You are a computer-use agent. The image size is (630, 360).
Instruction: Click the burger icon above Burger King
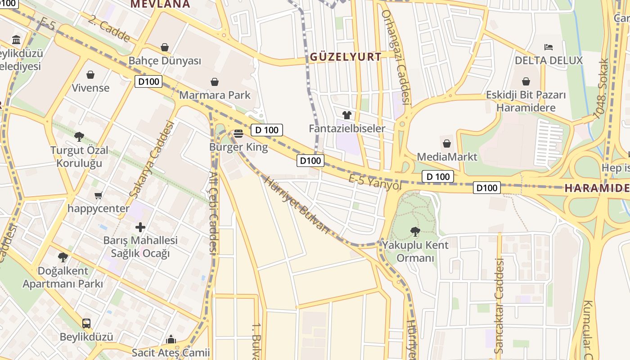(238, 133)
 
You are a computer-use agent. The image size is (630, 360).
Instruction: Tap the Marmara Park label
(215, 95)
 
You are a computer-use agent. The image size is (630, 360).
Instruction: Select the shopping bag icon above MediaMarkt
(447, 144)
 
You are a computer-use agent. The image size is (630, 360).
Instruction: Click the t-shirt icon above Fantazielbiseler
(346, 115)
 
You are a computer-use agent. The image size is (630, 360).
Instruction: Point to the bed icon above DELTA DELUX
(548, 47)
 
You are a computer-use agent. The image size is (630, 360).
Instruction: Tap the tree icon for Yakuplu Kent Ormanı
(415, 231)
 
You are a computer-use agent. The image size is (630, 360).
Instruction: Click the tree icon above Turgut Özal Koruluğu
(79, 136)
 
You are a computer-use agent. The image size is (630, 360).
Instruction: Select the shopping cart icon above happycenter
(99, 195)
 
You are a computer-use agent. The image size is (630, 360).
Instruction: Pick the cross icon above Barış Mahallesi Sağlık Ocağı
(140, 227)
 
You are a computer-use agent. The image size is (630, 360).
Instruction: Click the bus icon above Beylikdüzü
(86, 323)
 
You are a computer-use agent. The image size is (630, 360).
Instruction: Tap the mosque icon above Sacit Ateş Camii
(171, 339)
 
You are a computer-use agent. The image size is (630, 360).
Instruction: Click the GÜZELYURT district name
(346, 57)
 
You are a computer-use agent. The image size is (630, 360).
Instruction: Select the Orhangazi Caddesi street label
(396, 57)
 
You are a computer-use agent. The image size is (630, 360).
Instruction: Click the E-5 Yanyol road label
(375, 182)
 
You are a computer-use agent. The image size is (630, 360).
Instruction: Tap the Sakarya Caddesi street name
(151, 159)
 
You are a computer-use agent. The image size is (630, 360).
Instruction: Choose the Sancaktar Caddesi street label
(499, 306)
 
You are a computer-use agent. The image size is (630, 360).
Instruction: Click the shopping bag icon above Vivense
(90, 75)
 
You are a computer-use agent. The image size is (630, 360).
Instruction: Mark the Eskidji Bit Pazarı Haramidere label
(526, 101)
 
